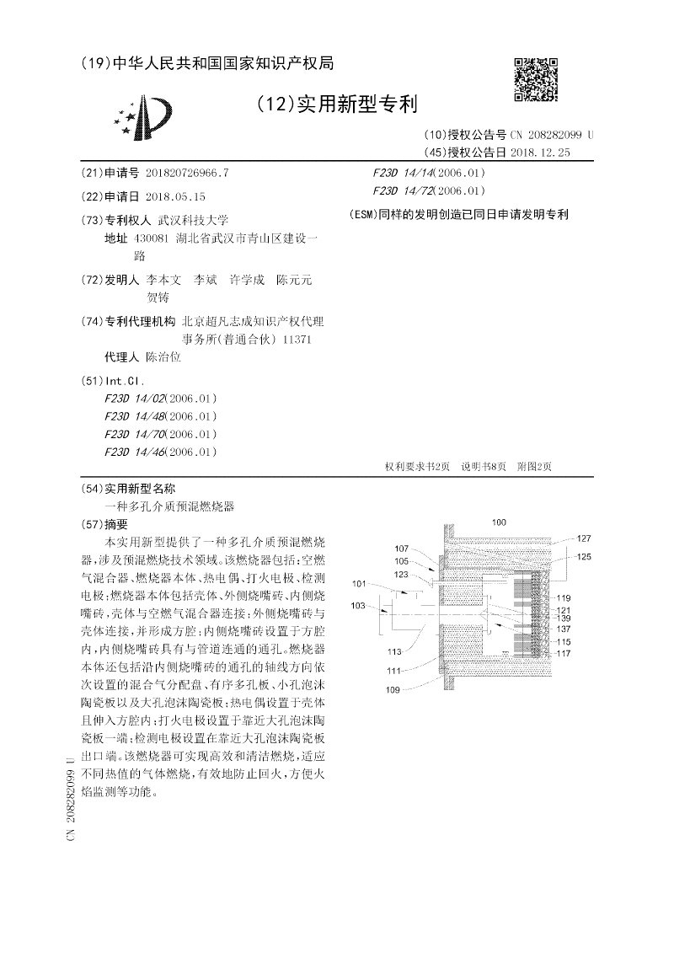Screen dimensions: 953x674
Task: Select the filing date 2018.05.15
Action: click(x=175, y=195)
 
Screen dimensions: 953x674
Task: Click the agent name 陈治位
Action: click(x=163, y=356)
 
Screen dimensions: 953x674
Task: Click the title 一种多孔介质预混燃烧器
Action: click(x=168, y=506)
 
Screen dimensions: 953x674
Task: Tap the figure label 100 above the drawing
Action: click(x=499, y=523)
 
